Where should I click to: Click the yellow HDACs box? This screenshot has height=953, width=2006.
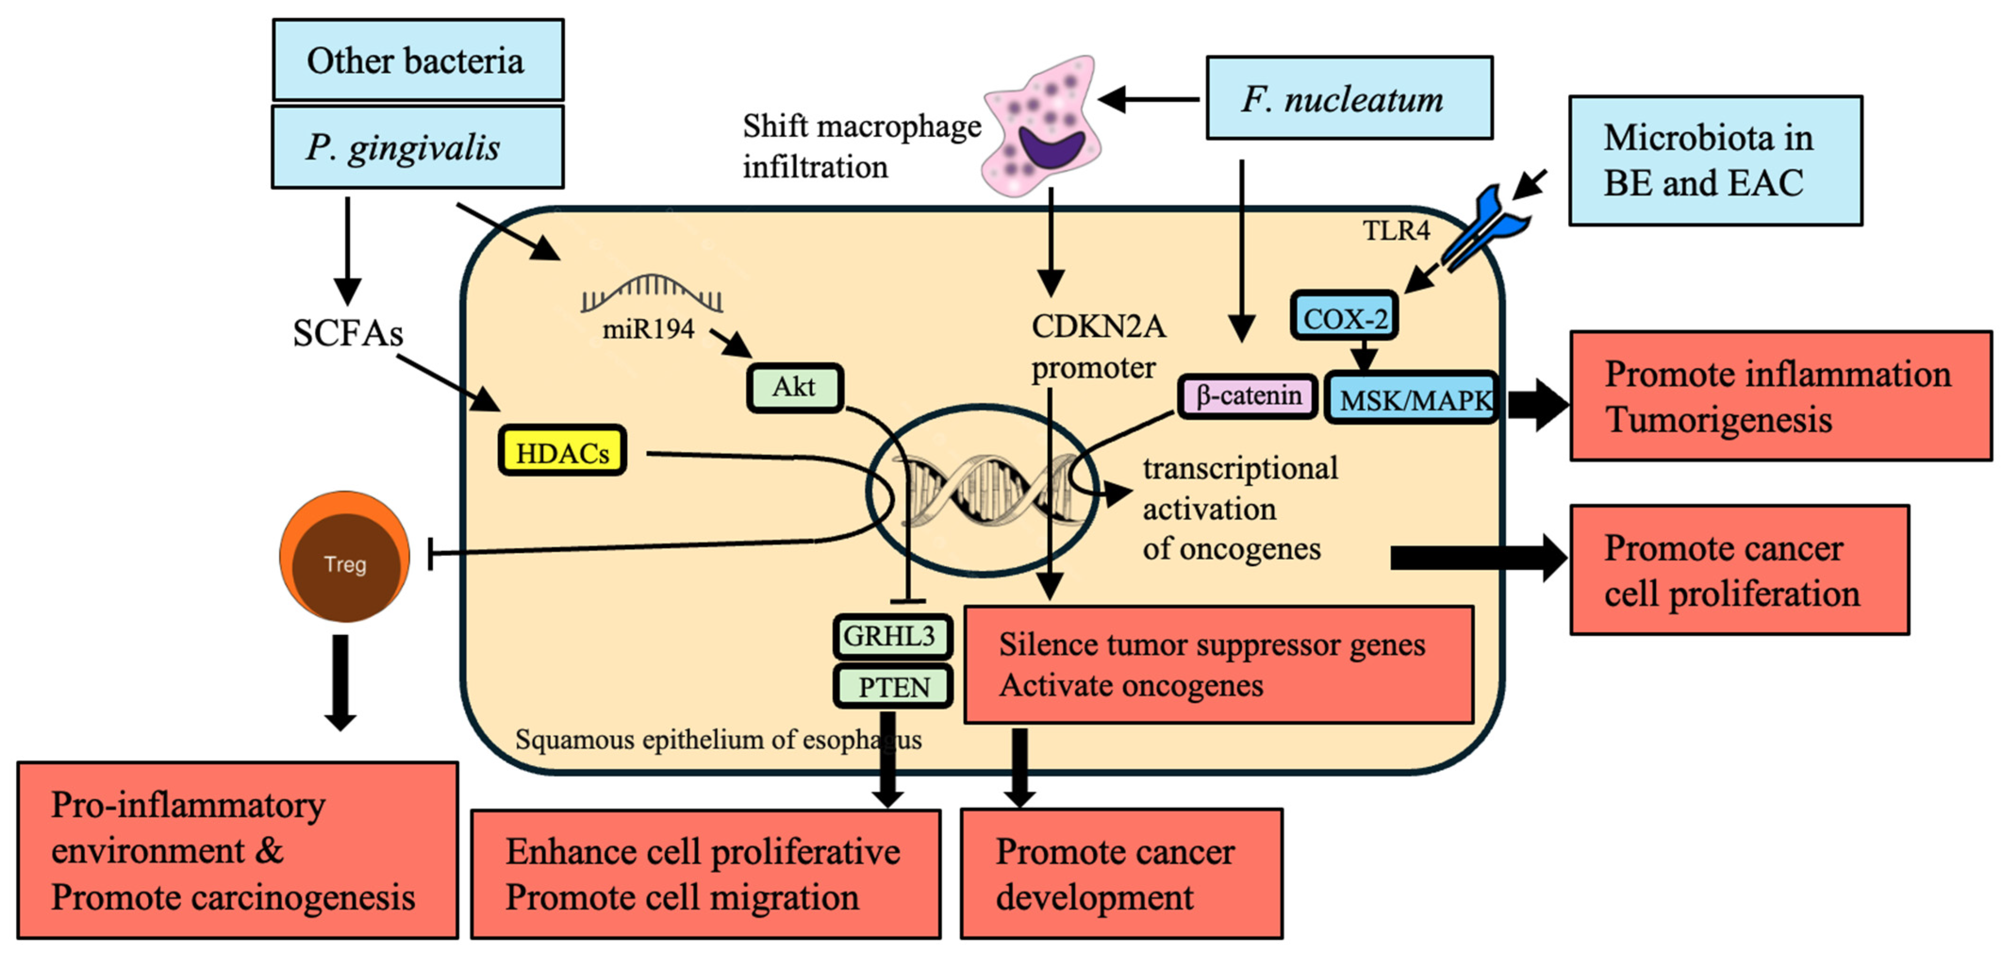tap(562, 451)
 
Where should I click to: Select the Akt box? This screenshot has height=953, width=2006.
tap(794, 387)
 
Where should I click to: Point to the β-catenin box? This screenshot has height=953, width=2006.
tap(1247, 396)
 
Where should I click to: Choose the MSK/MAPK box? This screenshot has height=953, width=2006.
tap(1411, 398)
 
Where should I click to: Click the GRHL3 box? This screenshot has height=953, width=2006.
tap(892, 636)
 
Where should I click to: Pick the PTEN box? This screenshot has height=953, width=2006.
tap(893, 687)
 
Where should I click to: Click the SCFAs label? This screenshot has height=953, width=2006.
tap(347, 333)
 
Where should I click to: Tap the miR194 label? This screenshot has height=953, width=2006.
tap(648, 329)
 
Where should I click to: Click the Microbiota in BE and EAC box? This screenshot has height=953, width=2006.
tap(1715, 160)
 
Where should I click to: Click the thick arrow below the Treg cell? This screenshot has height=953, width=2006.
tap(340, 682)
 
